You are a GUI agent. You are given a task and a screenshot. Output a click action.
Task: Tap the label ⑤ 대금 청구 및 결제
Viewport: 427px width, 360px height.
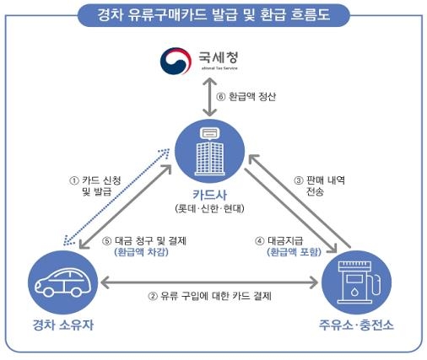(x=149, y=240)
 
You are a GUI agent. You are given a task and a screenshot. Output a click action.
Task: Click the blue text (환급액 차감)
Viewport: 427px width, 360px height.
(x=149, y=253)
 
